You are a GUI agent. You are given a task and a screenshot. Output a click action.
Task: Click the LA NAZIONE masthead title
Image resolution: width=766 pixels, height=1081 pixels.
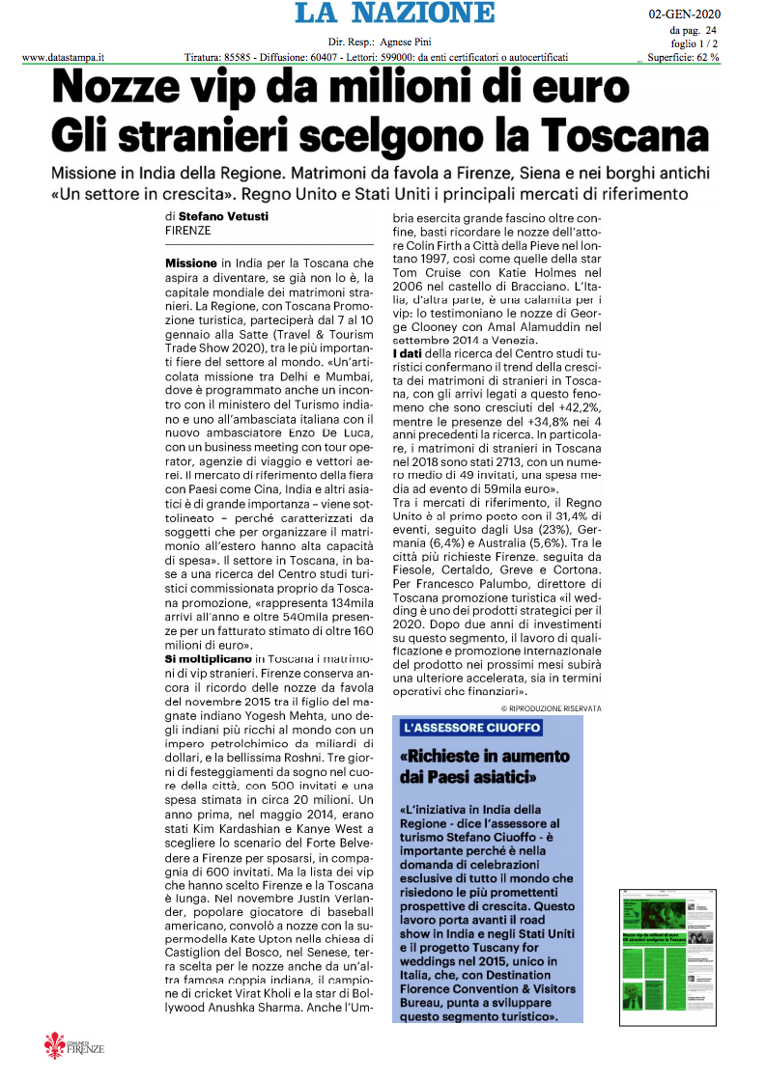394,14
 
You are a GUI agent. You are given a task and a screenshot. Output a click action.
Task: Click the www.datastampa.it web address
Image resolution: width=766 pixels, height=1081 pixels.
63,58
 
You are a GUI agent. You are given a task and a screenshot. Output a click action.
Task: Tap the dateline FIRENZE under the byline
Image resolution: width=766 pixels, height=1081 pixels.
188,231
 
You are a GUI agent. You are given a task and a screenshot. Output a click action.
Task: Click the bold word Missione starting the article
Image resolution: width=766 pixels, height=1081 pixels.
191,263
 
